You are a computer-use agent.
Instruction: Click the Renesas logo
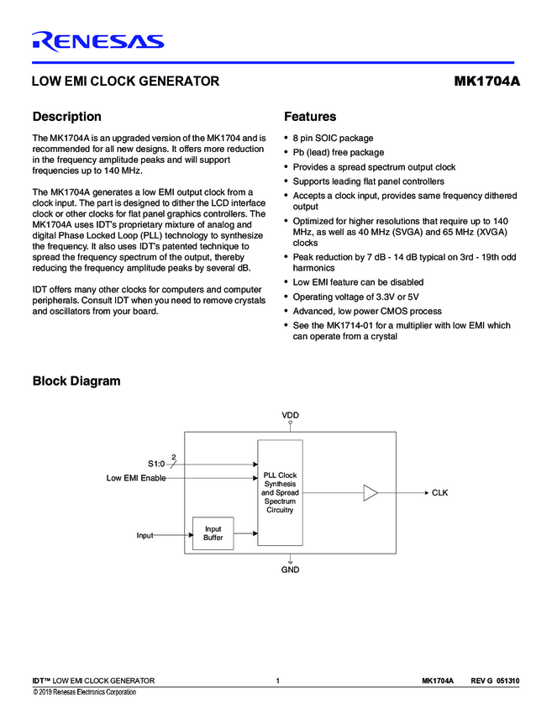(97, 41)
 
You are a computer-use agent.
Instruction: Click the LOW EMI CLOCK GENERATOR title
(125, 81)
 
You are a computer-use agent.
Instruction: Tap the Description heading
(66, 117)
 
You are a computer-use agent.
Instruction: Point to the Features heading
(310, 117)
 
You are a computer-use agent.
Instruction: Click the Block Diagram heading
(76, 381)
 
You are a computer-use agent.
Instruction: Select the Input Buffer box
(213, 533)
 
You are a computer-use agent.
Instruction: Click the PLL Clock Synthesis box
(280, 492)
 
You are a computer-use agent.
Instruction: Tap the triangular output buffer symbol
(371, 493)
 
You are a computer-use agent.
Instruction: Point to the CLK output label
(439, 493)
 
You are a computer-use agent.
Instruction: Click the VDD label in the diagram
(290, 416)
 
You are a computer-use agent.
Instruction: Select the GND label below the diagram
(290, 570)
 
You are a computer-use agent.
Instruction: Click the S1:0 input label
(157, 464)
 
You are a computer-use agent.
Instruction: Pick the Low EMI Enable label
(135, 478)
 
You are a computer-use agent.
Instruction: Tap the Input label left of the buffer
(145, 534)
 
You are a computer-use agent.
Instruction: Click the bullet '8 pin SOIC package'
(333, 138)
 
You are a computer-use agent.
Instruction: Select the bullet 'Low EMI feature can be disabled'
(358, 282)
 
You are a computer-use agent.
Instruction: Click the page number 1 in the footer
(276, 680)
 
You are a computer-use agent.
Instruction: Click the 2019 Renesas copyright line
(84, 692)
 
